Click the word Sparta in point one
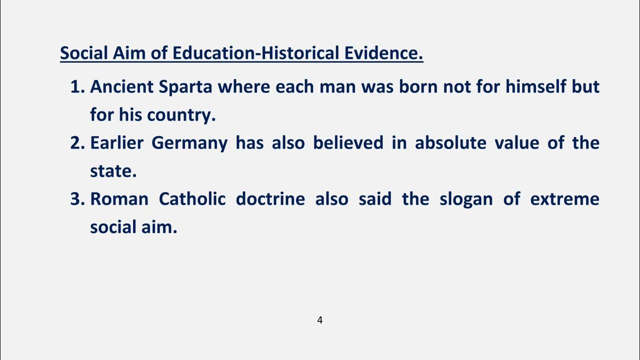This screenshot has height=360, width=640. (185, 87)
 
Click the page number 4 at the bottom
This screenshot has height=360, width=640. (320, 320)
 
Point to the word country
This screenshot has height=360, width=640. (181, 115)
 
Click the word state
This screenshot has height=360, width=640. (113, 171)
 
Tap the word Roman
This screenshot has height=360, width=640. (119, 199)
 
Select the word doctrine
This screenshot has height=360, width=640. (270, 199)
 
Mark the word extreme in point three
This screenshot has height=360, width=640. (564, 199)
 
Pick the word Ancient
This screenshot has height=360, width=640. (121, 87)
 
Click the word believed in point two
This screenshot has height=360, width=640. (348, 143)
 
